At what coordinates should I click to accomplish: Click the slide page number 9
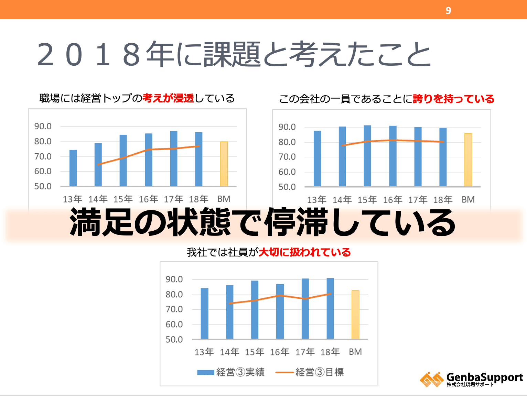tap(448, 11)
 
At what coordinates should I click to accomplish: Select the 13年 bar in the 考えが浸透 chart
tap(73, 168)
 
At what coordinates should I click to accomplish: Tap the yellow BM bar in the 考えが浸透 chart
tap(224, 164)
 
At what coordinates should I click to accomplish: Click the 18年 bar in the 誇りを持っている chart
tap(443, 157)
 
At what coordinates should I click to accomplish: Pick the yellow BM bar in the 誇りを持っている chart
tap(468, 160)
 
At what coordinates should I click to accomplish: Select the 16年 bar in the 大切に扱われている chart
tap(280, 311)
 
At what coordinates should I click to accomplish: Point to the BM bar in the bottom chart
tap(355, 315)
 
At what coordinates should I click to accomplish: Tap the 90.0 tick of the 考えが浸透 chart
tap(43, 126)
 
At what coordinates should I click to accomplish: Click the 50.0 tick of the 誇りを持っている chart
tap(287, 187)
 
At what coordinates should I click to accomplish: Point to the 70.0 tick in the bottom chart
tap(174, 309)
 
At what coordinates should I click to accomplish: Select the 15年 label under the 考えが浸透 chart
tap(123, 199)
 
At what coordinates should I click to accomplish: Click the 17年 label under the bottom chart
tap(305, 352)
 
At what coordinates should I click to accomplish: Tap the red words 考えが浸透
tap(168, 98)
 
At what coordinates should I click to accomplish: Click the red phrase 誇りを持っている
tap(453, 99)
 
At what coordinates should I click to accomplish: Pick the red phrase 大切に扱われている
tap(304, 252)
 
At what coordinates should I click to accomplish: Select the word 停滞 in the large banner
tap(297, 223)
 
